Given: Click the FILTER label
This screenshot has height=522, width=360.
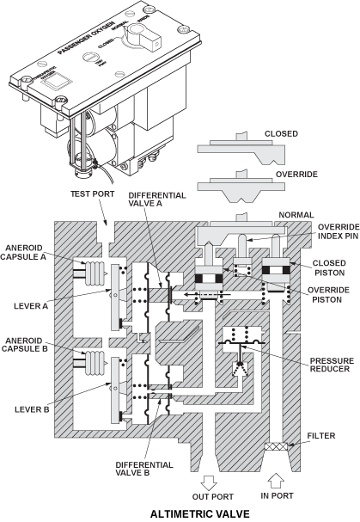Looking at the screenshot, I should [x=320, y=434].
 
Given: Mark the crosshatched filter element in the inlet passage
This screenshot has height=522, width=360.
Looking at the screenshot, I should [x=278, y=447].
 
